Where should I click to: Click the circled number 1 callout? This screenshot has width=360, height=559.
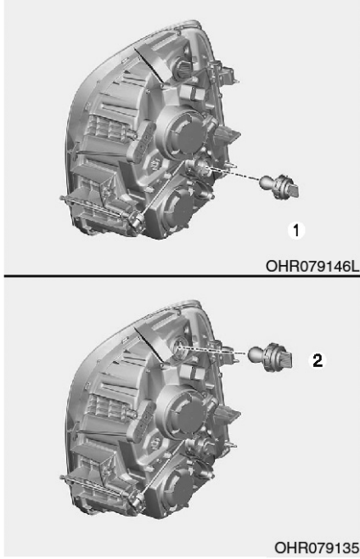coord(296,230)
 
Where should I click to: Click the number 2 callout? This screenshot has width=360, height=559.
coord(318,360)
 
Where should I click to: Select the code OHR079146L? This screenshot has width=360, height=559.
coord(312,266)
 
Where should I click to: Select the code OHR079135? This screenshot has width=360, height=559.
coord(317,547)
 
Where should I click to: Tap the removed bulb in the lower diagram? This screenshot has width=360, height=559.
coord(272,357)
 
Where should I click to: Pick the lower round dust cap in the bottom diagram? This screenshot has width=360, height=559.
coord(178,488)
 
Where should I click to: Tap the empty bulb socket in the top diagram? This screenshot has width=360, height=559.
coord(200,167)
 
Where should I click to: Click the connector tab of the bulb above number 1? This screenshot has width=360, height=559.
coord(292,189)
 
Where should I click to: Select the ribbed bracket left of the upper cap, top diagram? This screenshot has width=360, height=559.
coord(141,142)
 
